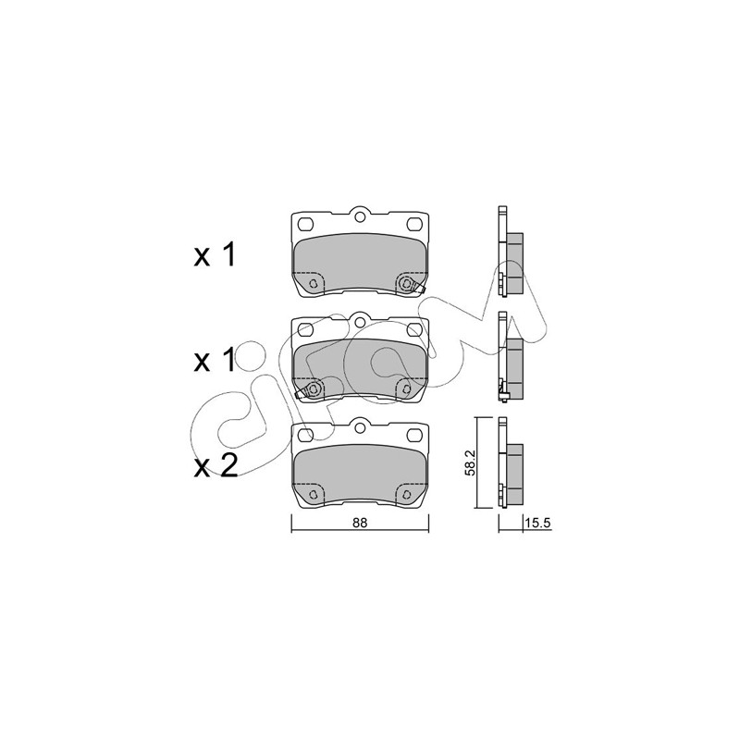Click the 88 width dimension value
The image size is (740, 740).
coord(359,523)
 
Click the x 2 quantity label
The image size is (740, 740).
coord(216,466)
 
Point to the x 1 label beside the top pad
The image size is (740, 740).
coord(215,256)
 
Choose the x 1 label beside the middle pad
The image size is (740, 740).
coord(215,361)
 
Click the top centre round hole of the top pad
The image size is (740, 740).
coord(360,217)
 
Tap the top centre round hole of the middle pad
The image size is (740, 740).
coord(360,322)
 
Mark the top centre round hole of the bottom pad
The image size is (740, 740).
coord(360,427)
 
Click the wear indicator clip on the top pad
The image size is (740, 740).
coord(410,285)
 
